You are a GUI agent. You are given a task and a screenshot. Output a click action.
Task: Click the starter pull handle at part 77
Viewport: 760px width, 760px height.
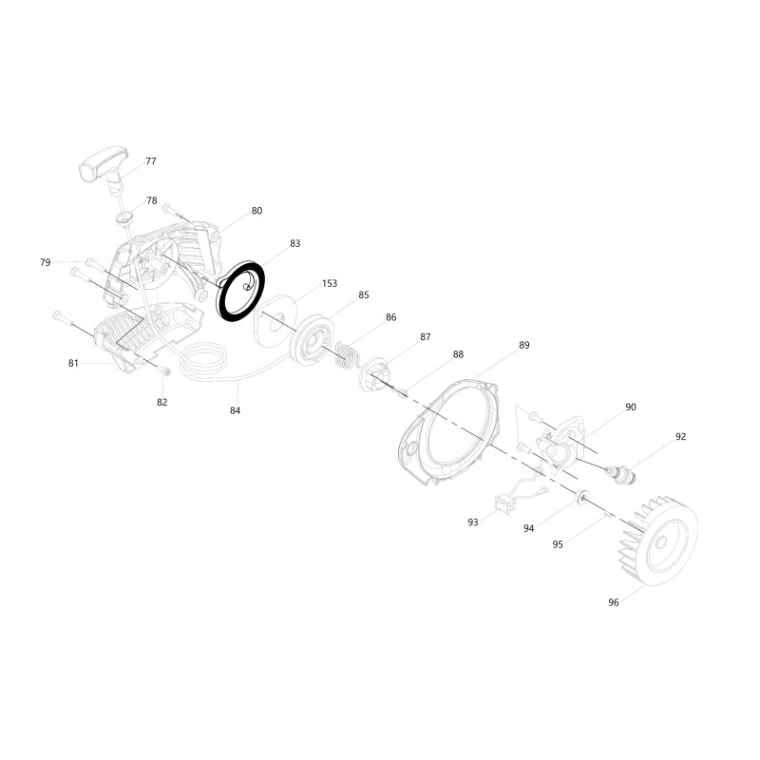[104, 170]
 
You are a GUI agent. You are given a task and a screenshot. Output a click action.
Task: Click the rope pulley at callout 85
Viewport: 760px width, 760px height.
[312, 341]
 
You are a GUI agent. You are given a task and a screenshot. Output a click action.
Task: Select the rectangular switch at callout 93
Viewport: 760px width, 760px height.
[503, 503]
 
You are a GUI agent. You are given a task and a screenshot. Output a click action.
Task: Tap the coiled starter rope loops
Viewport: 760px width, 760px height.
[203, 361]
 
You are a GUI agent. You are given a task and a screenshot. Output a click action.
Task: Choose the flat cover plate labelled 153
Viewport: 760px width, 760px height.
[276, 321]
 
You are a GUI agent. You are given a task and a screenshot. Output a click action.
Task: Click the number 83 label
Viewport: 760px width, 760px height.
[295, 243]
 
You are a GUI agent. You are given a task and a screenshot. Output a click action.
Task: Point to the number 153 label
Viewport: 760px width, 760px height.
[329, 283]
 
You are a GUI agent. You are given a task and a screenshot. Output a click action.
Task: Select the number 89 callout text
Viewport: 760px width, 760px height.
[524, 345]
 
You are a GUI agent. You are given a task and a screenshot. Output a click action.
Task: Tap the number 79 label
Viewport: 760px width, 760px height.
[45, 262]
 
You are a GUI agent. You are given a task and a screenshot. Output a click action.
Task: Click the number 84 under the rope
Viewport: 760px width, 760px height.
[235, 410]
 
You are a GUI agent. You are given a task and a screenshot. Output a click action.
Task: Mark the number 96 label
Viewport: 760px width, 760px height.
[614, 602]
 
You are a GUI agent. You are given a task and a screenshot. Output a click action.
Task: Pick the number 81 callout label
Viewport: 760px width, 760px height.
[73, 363]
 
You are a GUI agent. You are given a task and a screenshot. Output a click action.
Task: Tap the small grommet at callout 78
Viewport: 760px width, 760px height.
[125, 218]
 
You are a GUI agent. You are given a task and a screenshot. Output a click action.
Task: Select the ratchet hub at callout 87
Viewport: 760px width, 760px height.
[373, 373]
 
